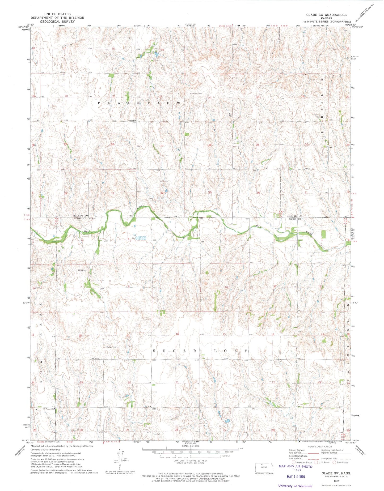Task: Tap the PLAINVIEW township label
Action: tap(140, 103)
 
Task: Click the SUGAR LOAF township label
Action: tap(200, 351)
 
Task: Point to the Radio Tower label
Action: tap(111, 347)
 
